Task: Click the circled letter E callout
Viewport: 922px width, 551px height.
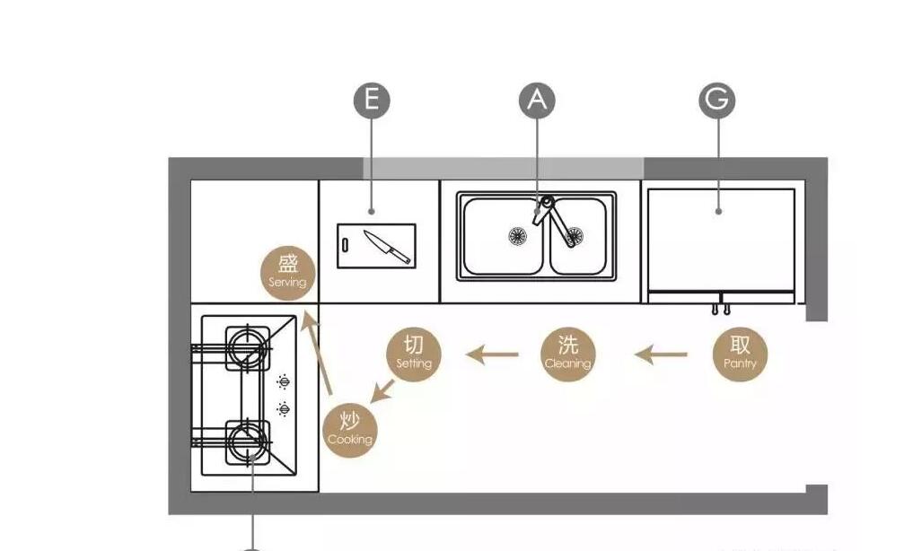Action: coord(372,100)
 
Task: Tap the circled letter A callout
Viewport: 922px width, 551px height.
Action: coord(537,100)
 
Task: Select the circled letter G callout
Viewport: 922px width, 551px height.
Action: coord(717,100)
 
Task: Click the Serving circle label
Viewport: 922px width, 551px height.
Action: coord(287,273)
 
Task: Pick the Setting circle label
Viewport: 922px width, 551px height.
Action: coord(413,354)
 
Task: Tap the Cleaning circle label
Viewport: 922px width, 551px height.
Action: coord(568,354)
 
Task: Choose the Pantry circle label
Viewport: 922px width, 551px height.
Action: coord(740,354)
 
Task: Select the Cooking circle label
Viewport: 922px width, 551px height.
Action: coord(350,431)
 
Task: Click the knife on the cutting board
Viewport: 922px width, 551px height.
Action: coord(387,247)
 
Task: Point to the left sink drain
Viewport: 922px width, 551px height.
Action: coord(517,236)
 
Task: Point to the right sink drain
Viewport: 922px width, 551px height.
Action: coord(574,236)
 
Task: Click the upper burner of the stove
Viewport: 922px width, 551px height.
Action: coord(248,348)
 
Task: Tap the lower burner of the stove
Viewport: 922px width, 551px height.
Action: coord(248,442)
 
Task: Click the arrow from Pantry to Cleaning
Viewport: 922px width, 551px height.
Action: coord(661,354)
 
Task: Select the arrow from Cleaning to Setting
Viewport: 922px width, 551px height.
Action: coord(492,354)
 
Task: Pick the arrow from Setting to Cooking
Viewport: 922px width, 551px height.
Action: coord(382,391)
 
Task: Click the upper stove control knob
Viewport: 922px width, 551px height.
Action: coord(284,381)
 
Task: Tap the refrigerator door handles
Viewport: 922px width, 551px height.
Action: coord(721,309)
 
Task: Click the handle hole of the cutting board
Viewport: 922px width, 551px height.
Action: coord(345,245)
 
